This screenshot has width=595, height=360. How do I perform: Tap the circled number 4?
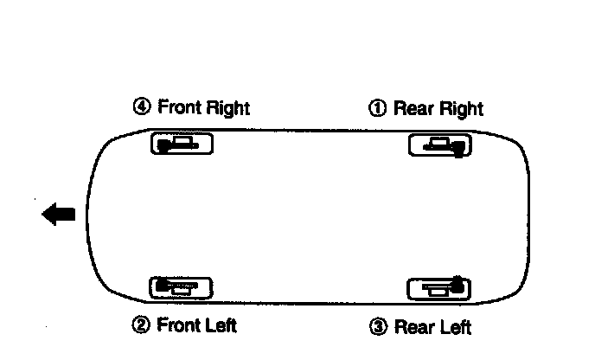pyautogui.click(x=141, y=107)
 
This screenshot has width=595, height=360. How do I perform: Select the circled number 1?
pyautogui.click(x=378, y=109)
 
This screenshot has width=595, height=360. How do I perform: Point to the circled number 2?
pyautogui.click(x=141, y=325)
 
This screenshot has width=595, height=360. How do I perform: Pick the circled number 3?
pyautogui.click(x=378, y=327)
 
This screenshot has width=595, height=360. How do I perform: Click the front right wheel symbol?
pyautogui.click(x=182, y=145)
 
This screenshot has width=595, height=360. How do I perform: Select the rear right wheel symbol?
pyautogui.click(x=439, y=145)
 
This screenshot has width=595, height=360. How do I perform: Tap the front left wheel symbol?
pyautogui.click(x=182, y=286)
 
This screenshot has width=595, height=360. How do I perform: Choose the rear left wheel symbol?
pyautogui.click(x=439, y=287)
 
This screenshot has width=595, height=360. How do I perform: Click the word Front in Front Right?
pyautogui.click(x=179, y=107)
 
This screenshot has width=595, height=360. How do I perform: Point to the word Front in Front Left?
pyautogui.click(x=179, y=325)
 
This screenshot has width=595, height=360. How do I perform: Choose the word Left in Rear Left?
pyautogui.click(x=455, y=327)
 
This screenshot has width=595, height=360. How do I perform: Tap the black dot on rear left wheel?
pyautogui.click(x=457, y=282)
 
